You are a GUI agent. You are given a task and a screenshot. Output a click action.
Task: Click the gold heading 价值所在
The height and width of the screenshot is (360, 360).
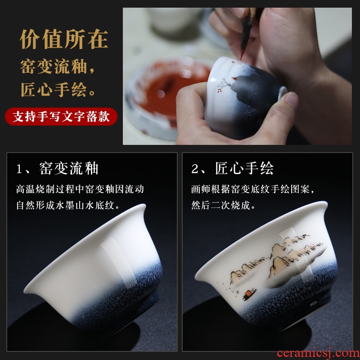click(x=64, y=39)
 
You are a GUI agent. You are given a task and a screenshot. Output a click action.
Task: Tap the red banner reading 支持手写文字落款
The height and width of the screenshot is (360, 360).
click(x=61, y=117)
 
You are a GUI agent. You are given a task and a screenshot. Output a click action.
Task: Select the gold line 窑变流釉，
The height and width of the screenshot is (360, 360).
click(x=58, y=67)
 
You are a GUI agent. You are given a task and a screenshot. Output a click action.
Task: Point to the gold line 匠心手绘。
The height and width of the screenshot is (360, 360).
click(x=58, y=90)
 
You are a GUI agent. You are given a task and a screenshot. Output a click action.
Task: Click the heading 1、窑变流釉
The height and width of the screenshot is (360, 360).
click(x=58, y=168)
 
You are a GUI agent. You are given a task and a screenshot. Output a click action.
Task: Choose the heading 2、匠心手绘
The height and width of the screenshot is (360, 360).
click(x=232, y=168)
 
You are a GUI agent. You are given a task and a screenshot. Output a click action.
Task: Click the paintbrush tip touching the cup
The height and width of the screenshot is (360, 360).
click(x=242, y=56)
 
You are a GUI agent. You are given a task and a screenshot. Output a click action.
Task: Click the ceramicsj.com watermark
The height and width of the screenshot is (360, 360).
click(x=318, y=353)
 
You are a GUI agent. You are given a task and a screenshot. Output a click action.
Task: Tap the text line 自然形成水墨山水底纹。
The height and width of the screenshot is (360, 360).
click(x=68, y=205)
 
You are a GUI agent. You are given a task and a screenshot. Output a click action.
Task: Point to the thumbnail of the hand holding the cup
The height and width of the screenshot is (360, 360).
click(x=237, y=76)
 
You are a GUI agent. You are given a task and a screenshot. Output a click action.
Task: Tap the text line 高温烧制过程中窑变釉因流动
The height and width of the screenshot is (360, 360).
click(x=80, y=189)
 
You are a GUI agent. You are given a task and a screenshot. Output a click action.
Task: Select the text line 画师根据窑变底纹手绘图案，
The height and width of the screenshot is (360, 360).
click(x=252, y=189)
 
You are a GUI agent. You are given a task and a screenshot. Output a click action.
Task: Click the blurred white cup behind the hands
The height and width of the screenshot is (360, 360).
click(x=174, y=21)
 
